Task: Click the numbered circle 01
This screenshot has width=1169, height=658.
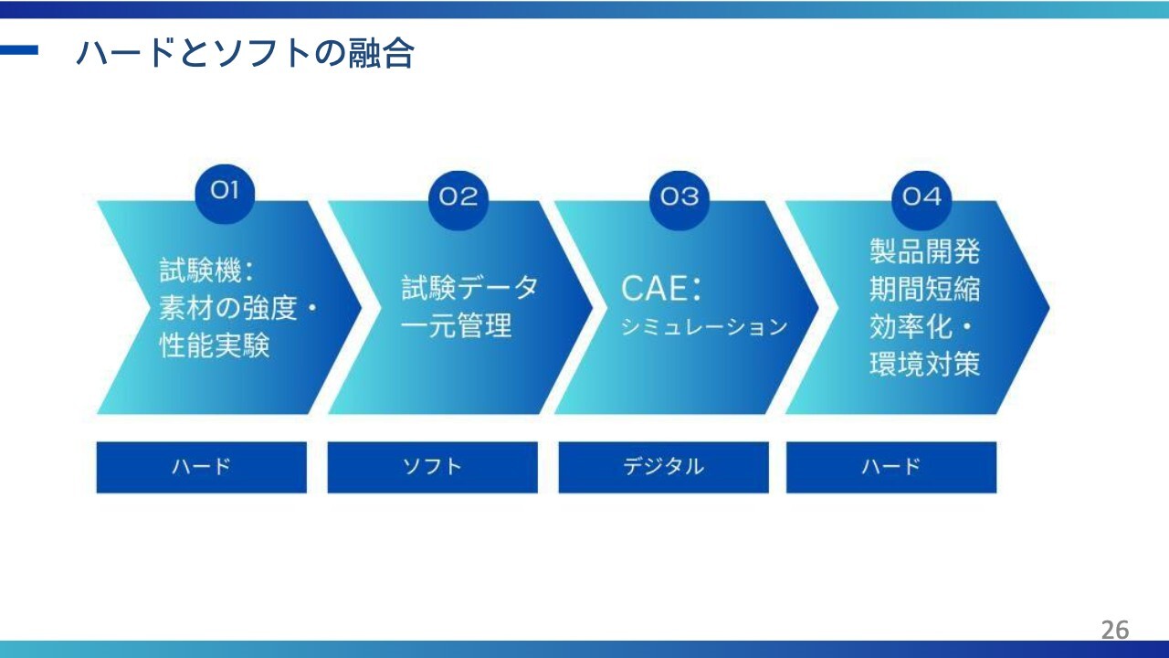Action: pos(225,192)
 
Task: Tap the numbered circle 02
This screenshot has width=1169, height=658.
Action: pos(458,199)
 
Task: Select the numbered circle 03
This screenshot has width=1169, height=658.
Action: pos(679,199)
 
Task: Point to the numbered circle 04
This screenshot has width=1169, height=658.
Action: pos(922,199)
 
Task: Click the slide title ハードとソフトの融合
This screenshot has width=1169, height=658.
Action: pos(246,53)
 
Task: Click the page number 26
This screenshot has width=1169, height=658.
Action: pos(1115,630)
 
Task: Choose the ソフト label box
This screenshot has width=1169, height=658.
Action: pos(432,467)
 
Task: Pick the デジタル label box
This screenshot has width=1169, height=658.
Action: pos(663,467)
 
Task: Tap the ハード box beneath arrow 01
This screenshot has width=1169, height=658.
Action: pos(202,467)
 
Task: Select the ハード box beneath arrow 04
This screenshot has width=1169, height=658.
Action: pos(891,467)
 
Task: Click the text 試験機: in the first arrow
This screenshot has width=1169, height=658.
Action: pos(206,271)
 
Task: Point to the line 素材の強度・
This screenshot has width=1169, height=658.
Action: pos(238,308)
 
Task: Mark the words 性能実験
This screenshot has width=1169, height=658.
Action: pos(215,345)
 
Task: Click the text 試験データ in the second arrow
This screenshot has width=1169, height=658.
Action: pos(469,288)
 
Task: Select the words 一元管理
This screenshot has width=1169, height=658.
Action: pos(456,326)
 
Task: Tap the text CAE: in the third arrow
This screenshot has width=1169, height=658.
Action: pos(660,288)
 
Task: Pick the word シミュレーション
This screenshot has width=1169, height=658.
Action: pos(704,327)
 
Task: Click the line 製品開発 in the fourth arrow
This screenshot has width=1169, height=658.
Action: pos(925,251)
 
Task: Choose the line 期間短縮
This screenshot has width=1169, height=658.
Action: pos(925,289)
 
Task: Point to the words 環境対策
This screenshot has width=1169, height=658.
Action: pos(925,364)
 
